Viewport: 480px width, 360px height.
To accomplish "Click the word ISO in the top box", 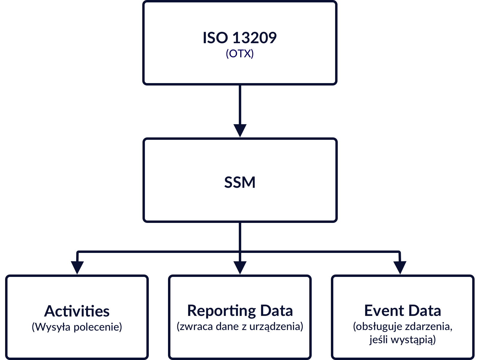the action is (215, 38).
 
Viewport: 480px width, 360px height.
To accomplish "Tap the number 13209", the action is (254, 38).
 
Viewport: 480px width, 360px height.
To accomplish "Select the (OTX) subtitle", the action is (240, 54).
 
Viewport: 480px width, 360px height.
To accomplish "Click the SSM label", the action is (240, 182).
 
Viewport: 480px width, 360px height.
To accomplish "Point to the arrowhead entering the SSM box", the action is (240, 130).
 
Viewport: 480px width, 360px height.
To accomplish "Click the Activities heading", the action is (77, 311).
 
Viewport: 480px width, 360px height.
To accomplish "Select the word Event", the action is (384, 310).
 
